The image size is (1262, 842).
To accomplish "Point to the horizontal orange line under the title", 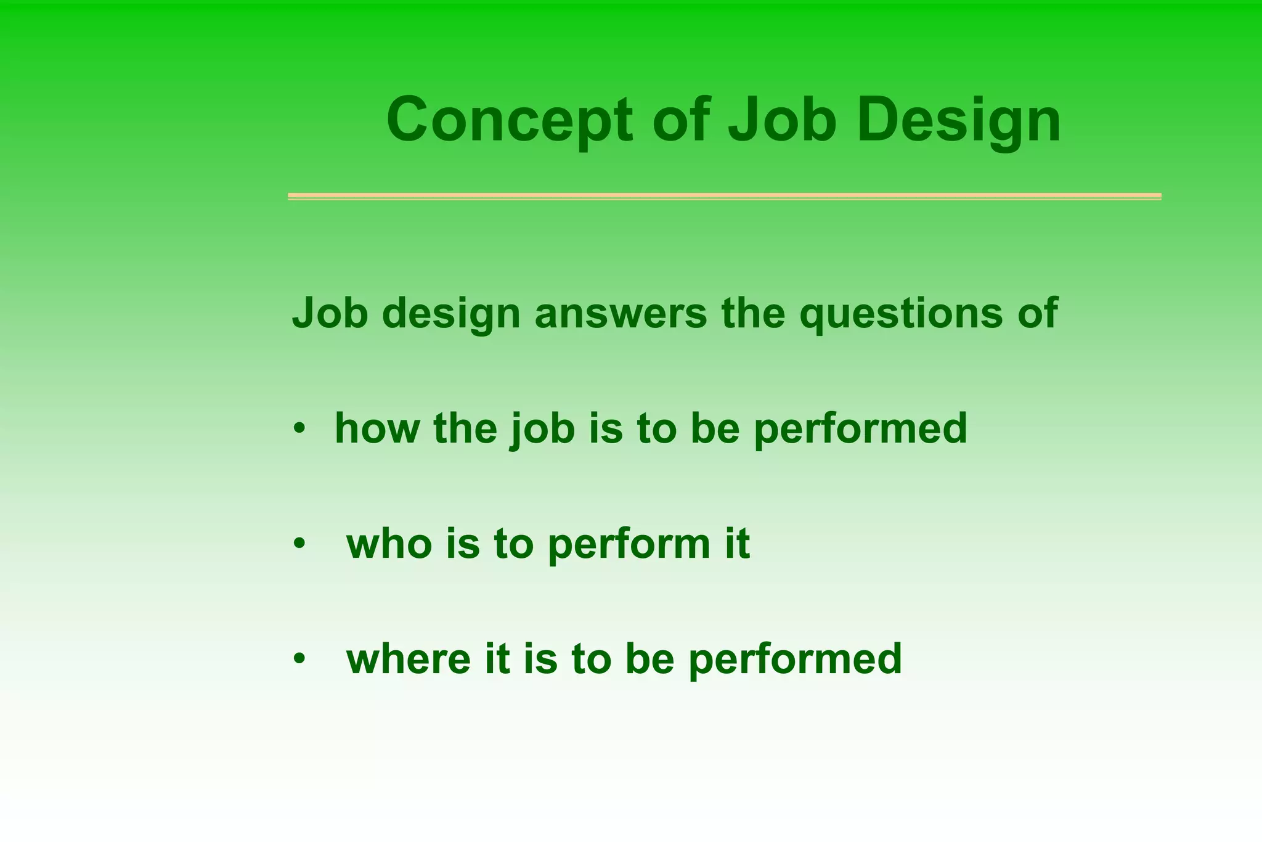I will (724, 196).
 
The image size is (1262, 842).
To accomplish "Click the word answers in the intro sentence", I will (621, 313).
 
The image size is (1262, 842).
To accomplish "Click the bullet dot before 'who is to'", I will (299, 543).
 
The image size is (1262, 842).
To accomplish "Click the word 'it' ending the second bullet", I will (737, 544).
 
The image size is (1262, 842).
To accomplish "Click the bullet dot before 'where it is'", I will (299, 658).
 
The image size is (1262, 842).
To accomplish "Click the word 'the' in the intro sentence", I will (753, 313).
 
